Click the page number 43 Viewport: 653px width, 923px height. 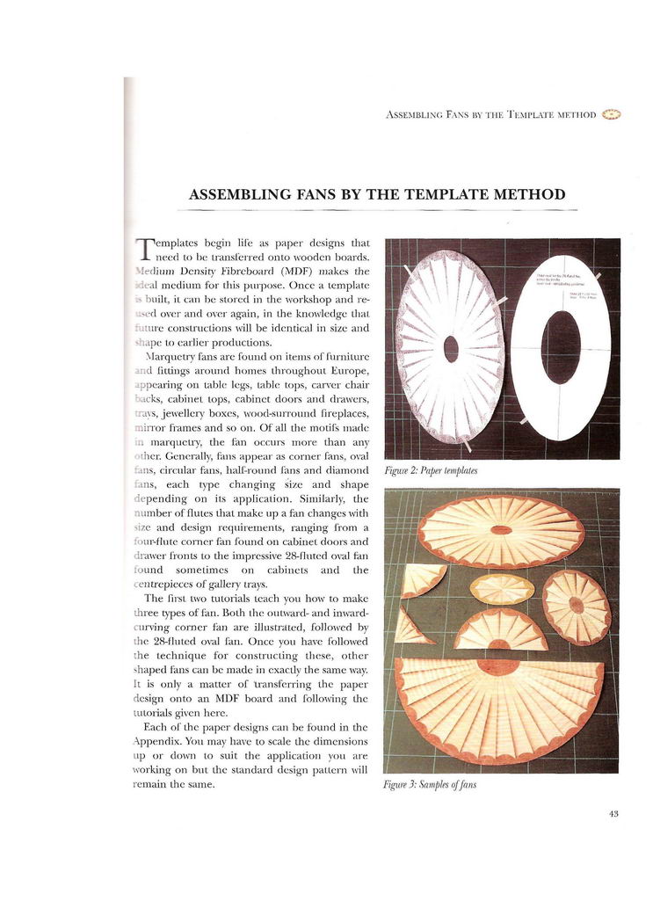click(613, 814)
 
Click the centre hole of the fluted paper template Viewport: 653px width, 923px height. click(451, 348)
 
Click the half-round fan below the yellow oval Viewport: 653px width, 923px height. click(501, 630)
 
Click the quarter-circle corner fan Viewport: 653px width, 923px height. click(419, 578)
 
